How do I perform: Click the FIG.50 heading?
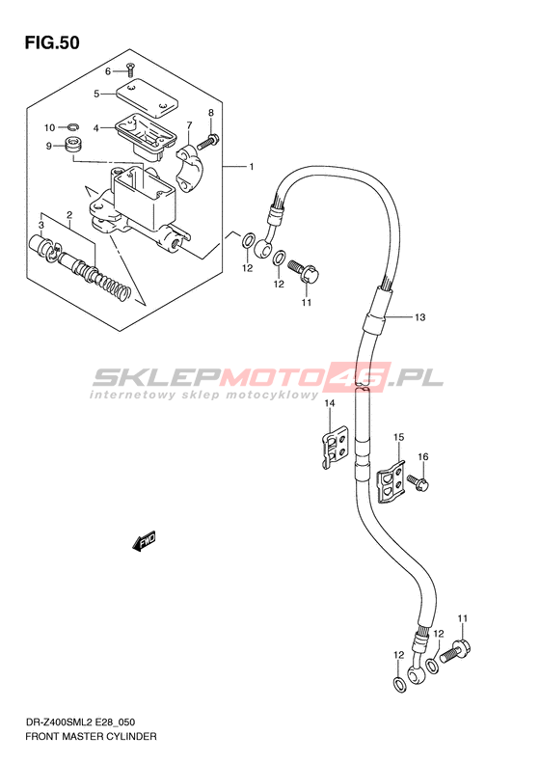52,42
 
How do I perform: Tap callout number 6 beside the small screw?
108,71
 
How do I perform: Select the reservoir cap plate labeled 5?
147,97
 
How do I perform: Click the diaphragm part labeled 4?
145,135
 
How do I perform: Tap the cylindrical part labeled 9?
73,145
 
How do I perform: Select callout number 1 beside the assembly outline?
252,167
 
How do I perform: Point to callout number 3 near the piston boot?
41,225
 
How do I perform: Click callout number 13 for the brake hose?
419,317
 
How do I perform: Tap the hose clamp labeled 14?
335,447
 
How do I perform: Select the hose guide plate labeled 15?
391,481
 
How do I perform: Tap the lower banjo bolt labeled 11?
455,651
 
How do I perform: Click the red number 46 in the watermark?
364,376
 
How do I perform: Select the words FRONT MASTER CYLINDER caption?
91,736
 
